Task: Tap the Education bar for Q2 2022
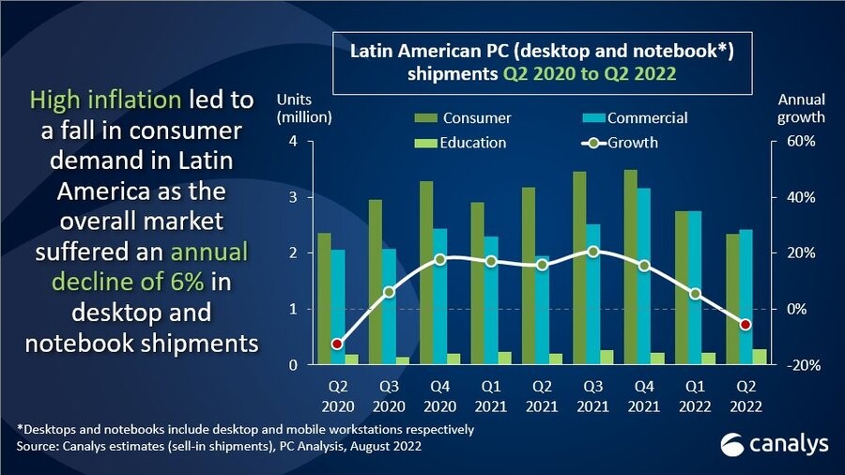[x=759, y=357]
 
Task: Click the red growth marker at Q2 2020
[x=337, y=344]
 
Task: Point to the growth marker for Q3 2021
[x=591, y=252]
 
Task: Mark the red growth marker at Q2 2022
[x=745, y=325]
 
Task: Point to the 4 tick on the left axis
[x=293, y=142]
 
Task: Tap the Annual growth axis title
[x=801, y=109]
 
